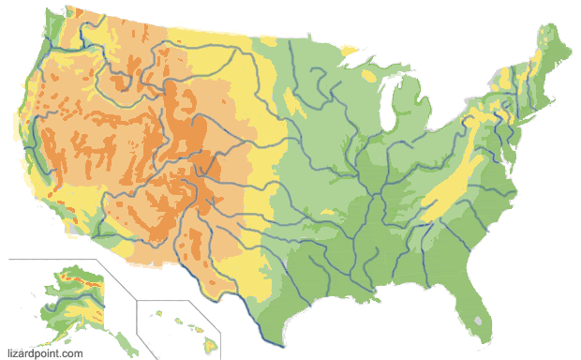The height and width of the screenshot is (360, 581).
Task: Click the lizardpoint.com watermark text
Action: point(45,353)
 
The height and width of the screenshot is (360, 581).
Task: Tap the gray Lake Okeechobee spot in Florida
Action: point(482,320)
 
